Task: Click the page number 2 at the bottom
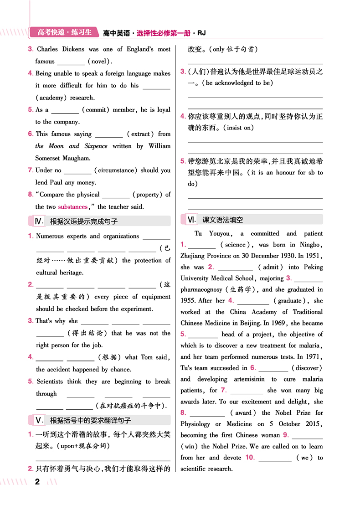38,482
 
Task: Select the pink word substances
73,207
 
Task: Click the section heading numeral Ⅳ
39,221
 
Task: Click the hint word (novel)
99,62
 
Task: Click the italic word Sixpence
96,146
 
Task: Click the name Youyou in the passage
219,233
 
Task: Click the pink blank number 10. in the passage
250,457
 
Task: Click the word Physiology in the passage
195,424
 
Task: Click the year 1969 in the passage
273,323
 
